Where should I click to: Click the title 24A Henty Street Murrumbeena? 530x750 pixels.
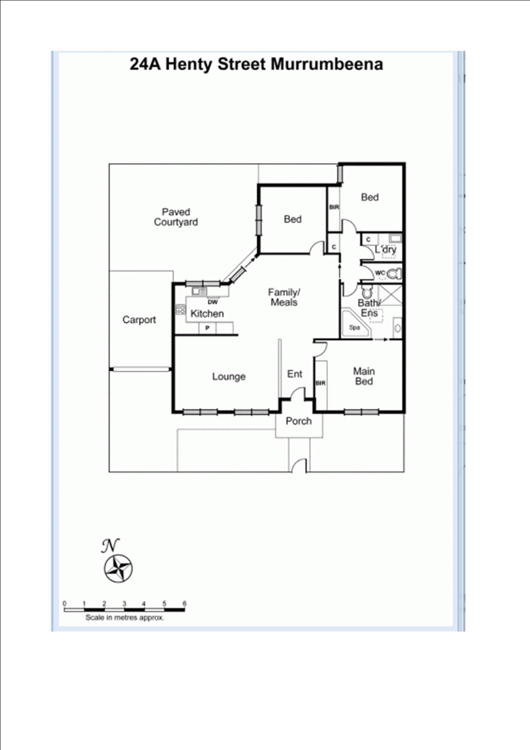256,65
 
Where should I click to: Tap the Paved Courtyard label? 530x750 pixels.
176,217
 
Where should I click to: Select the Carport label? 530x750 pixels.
139,320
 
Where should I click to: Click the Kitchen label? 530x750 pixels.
207,313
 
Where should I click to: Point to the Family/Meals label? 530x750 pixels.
284,297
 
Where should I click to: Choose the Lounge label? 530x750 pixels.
229,376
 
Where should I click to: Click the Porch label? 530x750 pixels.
298,421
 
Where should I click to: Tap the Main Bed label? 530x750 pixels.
364,376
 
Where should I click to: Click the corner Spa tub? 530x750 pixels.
355,326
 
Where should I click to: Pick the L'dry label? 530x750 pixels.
386,249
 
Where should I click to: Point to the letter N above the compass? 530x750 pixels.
110,546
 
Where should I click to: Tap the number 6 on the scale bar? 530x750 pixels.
185,603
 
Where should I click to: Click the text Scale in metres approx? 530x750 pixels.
124,617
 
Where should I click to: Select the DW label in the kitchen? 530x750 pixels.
212,302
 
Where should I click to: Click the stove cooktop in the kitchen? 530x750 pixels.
180,309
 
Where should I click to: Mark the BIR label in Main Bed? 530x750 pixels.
321,383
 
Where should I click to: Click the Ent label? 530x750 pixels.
294,374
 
